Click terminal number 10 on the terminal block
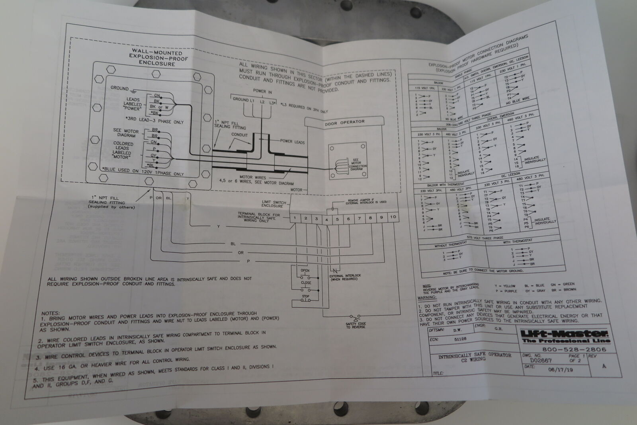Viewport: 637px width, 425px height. coord(393,217)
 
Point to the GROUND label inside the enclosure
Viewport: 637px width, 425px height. coord(119,88)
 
